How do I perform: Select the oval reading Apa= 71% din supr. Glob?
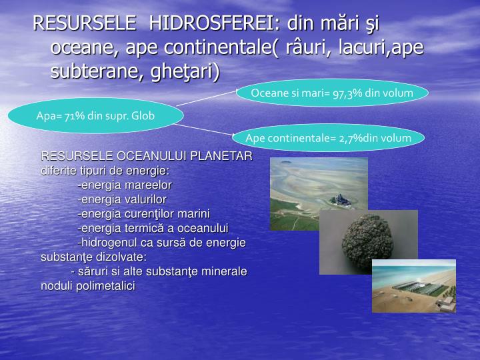point(95,115)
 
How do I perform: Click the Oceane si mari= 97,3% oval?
point(332,93)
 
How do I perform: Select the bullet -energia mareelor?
point(125,185)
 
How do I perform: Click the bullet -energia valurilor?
point(122,199)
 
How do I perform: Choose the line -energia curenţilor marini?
point(143,213)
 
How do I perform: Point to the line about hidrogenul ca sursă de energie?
point(161,242)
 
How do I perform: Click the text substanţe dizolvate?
point(93,257)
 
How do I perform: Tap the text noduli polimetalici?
point(87,285)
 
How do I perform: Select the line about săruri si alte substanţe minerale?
point(158,271)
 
